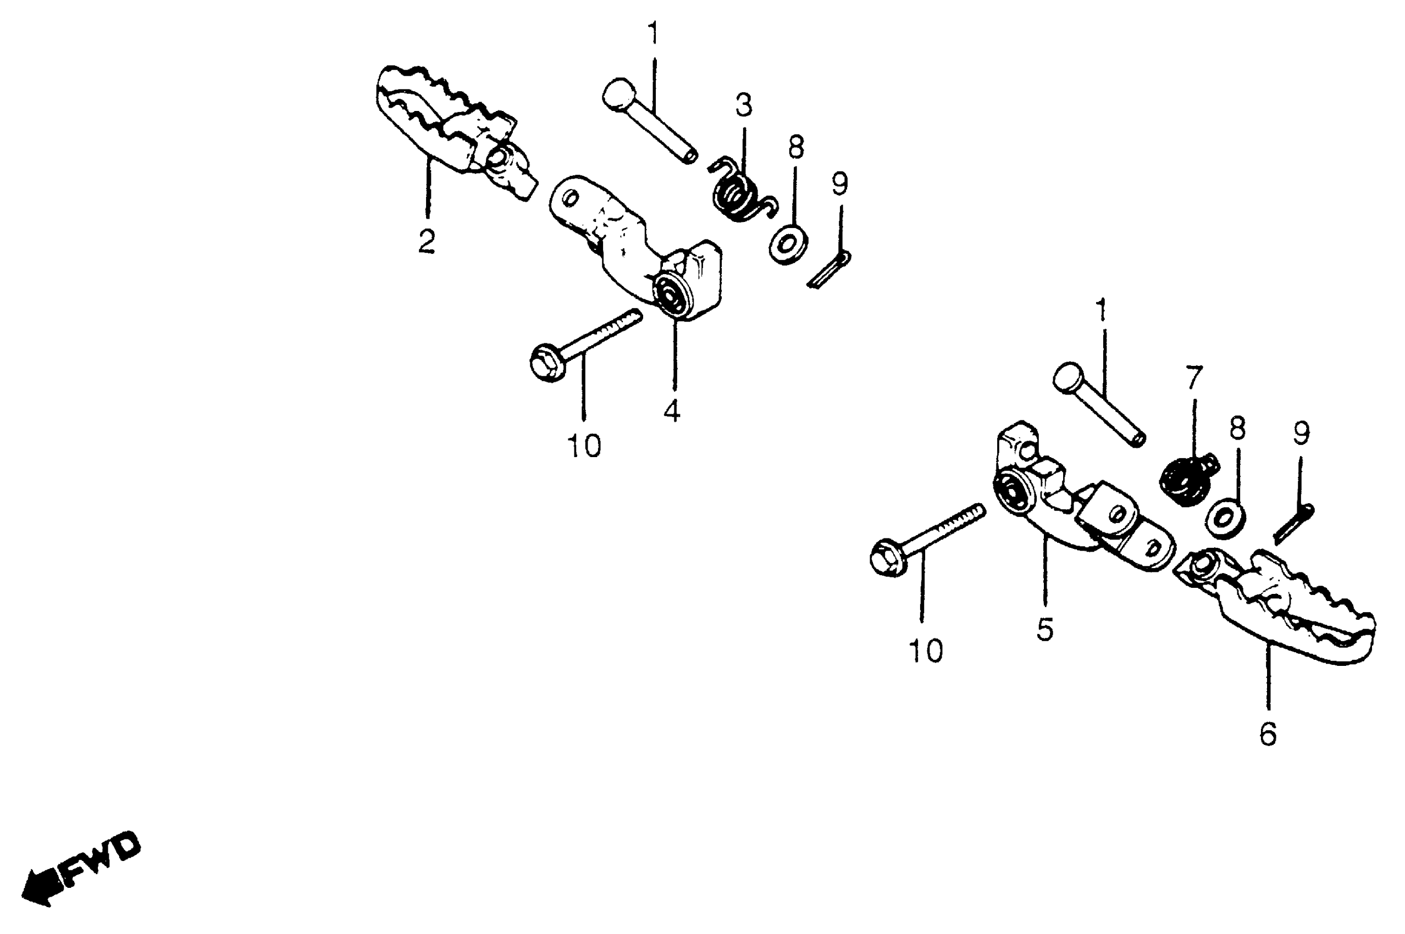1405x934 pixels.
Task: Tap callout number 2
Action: (x=426, y=241)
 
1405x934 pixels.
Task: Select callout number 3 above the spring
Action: (x=743, y=105)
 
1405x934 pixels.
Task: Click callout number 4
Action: (x=672, y=410)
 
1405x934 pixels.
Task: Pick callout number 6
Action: (x=1268, y=734)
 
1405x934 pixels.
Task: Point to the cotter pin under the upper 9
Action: (x=829, y=270)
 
